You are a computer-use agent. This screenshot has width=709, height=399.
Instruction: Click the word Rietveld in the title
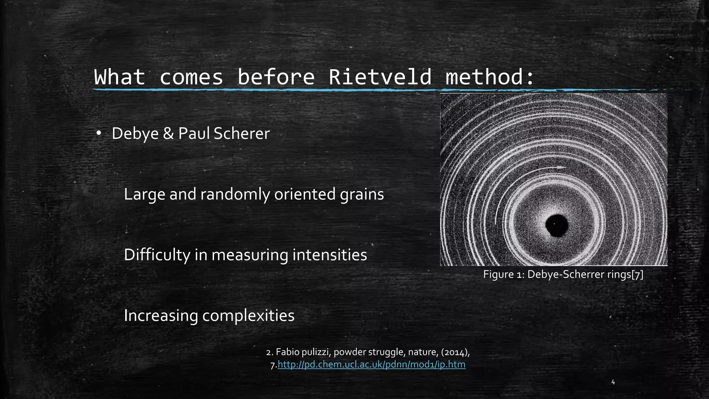[380, 77]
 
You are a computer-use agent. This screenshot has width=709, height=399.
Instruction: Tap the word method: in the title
[490, 77]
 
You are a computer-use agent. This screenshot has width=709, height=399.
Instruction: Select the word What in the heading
[119, 77]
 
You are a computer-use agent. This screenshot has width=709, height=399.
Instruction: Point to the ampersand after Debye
[168, 134]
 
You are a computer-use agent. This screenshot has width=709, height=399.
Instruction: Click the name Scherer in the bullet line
[242, 134]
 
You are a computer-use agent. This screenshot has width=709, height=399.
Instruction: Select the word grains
[362, 194]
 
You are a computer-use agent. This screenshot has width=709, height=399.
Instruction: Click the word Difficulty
[157, 255]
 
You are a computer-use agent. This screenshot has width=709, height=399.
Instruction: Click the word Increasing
[161, 316]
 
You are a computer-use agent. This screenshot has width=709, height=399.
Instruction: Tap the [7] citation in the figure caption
[637, 275]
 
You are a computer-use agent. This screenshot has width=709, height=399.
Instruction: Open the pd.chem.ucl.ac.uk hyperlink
[371, 365]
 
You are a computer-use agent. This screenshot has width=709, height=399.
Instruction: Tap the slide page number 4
[613, 382]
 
